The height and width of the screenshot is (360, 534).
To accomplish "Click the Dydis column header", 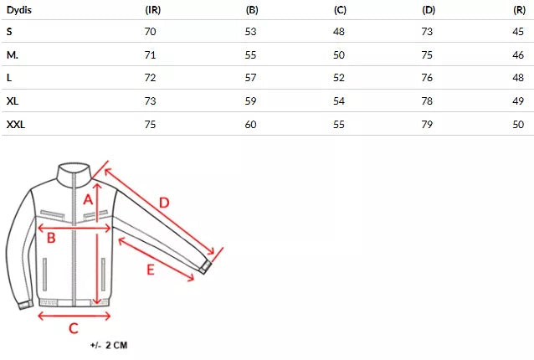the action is tap(19, 10).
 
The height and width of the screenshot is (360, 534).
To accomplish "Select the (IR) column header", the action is tap(153, 10).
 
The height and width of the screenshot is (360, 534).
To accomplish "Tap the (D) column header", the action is tap(429, 10).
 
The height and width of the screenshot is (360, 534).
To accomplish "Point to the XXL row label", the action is tap(16, 124).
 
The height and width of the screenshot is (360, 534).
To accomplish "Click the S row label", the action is tap(9, 32).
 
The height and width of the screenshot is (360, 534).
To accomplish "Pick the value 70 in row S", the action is tap(150, 32).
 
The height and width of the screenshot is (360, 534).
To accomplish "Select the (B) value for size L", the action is tap(250, 78).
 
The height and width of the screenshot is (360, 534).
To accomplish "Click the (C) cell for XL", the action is tap(339, 101).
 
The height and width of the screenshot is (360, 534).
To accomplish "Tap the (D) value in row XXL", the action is tap(427, 124).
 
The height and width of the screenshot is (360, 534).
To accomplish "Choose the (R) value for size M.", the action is tap(518, 54).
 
